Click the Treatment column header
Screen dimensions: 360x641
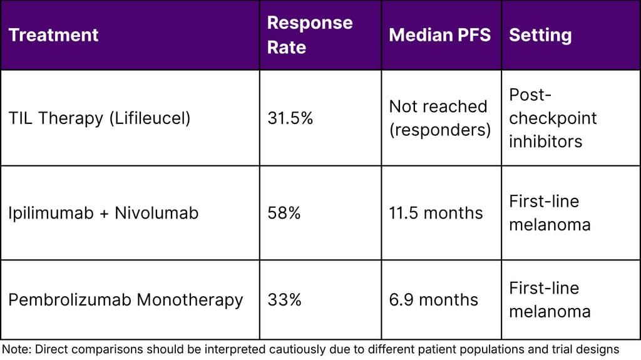coord(53,35)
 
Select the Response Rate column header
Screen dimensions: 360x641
coord(310,35)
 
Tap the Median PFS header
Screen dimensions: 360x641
coord(439,35)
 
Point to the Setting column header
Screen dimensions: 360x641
coord(540,35)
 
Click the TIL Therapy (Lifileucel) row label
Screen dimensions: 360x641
coord(99,118)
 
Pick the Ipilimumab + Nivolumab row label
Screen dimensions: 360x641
coord(103,213)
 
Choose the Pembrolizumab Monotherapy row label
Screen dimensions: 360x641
coord(125,300)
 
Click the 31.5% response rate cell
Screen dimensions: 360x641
coord(290,118)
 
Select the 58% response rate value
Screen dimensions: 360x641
coord(284,213)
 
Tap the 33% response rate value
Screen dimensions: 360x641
coord(284,300)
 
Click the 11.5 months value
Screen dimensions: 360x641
coord(436,213)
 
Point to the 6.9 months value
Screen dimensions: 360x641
coord(433,300)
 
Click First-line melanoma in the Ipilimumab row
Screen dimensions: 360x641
coord(549,213)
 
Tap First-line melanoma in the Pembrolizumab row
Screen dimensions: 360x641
coord(549,300)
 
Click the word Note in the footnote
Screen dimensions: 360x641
coord(16,349)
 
